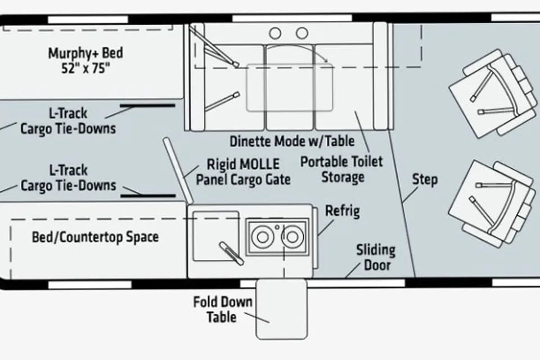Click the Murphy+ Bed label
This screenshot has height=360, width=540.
(85, 53)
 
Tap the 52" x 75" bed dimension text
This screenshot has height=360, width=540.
(85, 68)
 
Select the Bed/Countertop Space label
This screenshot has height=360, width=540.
(95, 237)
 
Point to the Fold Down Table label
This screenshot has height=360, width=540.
(223, 309)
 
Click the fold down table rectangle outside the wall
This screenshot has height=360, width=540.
(281, 309)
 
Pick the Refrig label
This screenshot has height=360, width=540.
(343, 211)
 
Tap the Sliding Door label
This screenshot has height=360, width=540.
(376, 257)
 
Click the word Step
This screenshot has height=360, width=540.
(425, 179)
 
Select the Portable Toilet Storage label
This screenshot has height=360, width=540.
(341, 169)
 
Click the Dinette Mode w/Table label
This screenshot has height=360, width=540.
(292, 141)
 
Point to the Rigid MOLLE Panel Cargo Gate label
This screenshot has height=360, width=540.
(243, 172)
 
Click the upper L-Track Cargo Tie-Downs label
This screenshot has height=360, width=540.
(68, 121)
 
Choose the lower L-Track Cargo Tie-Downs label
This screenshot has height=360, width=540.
(68, 178)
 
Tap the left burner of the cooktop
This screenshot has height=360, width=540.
(262, 237)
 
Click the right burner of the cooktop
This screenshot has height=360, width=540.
(292, 237)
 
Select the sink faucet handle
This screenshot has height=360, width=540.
(231, 253)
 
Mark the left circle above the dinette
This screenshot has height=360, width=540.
(275, 33)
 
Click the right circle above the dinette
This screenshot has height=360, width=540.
(302, 33)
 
